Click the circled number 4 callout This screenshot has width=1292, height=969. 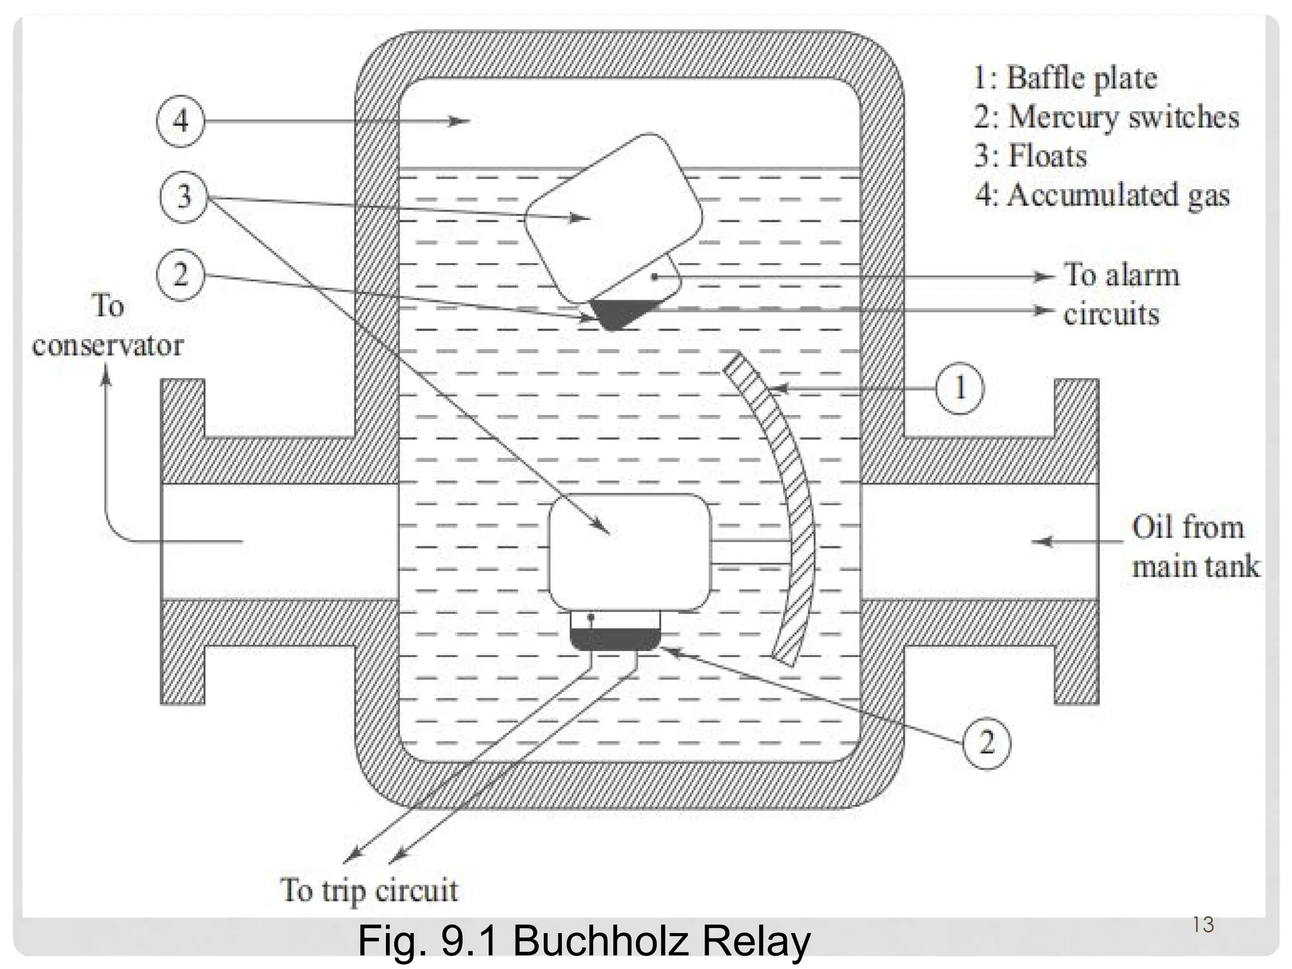[180, 120]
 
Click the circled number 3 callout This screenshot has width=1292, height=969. [184, 196]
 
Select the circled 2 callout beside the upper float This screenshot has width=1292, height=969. [181, 276]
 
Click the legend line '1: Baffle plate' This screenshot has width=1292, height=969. [1066, 78]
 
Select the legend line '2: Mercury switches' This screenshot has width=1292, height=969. [1106, 117]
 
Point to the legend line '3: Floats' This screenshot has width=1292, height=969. [1031, 156]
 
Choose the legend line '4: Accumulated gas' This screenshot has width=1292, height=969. [1102, 195]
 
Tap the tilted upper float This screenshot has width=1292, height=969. [613, 218]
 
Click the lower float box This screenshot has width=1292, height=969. [630, 552]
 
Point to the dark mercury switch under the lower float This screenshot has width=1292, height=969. [615, 639]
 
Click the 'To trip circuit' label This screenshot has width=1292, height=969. [369, 891]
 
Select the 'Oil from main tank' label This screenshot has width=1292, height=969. [1194, 547]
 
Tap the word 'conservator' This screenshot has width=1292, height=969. [108, 346]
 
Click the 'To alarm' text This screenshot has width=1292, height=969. [1122, 275]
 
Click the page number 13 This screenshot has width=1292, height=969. [1203, 925]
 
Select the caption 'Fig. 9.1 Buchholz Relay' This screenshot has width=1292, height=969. [584, 941]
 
